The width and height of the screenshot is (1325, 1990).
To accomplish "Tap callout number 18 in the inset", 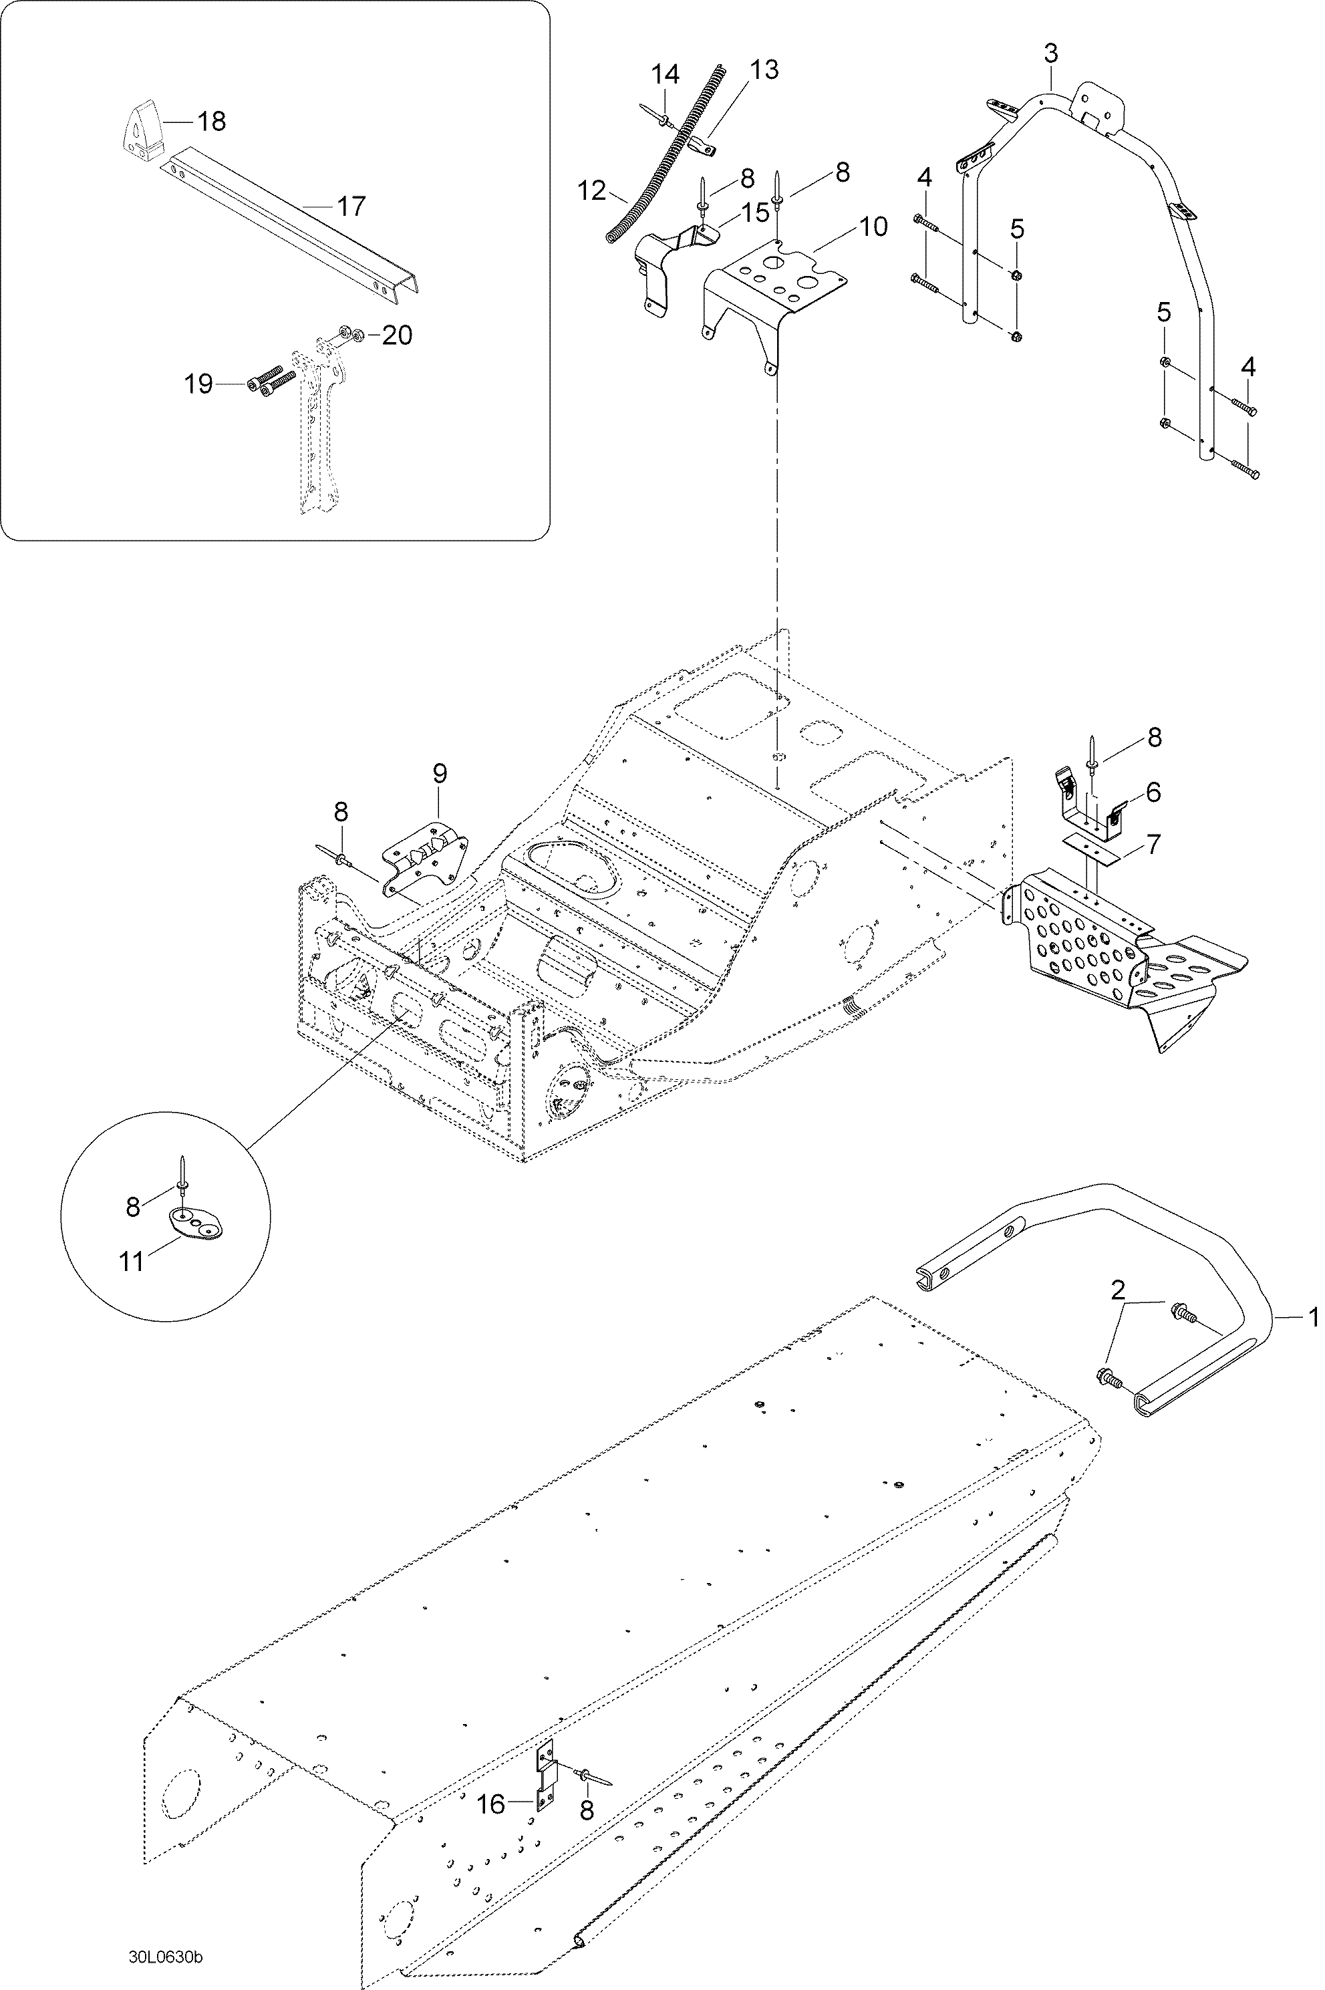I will (x=211, y=122).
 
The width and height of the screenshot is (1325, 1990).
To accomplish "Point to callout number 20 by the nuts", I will (x=396, y=335).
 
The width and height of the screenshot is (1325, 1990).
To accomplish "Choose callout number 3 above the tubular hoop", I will (x=1050, y=53).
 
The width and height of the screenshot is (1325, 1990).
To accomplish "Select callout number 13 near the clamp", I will (x=764, y=69).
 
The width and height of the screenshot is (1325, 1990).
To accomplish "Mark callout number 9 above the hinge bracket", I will (x=440, y=773).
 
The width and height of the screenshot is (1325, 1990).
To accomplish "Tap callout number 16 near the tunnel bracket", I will (x=491, y=1804).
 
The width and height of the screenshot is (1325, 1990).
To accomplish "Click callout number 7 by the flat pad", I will (x=1153, y=843).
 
